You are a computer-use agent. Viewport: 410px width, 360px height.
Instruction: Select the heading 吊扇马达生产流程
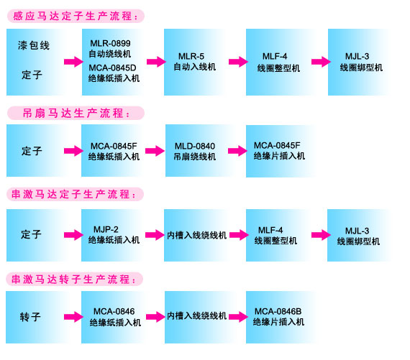(76, 114)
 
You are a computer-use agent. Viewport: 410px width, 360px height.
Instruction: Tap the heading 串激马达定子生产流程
(74, 194)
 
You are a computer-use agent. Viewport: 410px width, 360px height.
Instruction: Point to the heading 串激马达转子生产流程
(74, 280)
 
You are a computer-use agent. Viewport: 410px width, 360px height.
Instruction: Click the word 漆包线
(34, 45)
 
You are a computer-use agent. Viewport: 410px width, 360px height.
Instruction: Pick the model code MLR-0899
(110, 43)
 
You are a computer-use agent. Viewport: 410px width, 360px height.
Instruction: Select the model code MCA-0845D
(112, 68)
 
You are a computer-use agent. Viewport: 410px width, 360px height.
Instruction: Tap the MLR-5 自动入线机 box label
(194, 62)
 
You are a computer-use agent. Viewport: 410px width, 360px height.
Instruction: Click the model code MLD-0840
(195, 146)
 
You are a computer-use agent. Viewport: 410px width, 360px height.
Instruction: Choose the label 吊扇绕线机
(195, 157)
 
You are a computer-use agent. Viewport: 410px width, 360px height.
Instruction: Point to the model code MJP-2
(106, 229)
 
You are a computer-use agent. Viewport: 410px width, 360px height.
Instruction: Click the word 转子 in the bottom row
(30, 317)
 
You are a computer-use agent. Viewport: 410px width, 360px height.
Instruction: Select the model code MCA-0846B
(278, 311)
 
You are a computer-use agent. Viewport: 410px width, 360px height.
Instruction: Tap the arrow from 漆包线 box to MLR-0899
(73, 62)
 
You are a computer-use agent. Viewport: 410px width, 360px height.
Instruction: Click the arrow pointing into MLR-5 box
(156, 62)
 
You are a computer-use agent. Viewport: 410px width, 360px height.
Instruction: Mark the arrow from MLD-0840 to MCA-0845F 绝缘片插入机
(237, 151)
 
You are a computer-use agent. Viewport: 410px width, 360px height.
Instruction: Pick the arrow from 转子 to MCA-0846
(73, 317)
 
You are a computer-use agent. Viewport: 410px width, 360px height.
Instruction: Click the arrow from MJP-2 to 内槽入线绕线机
(155, 235)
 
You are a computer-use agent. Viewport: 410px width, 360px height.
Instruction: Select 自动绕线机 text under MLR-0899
(110, 54)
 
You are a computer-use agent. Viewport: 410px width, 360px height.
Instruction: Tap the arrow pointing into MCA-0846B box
(238, 317)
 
